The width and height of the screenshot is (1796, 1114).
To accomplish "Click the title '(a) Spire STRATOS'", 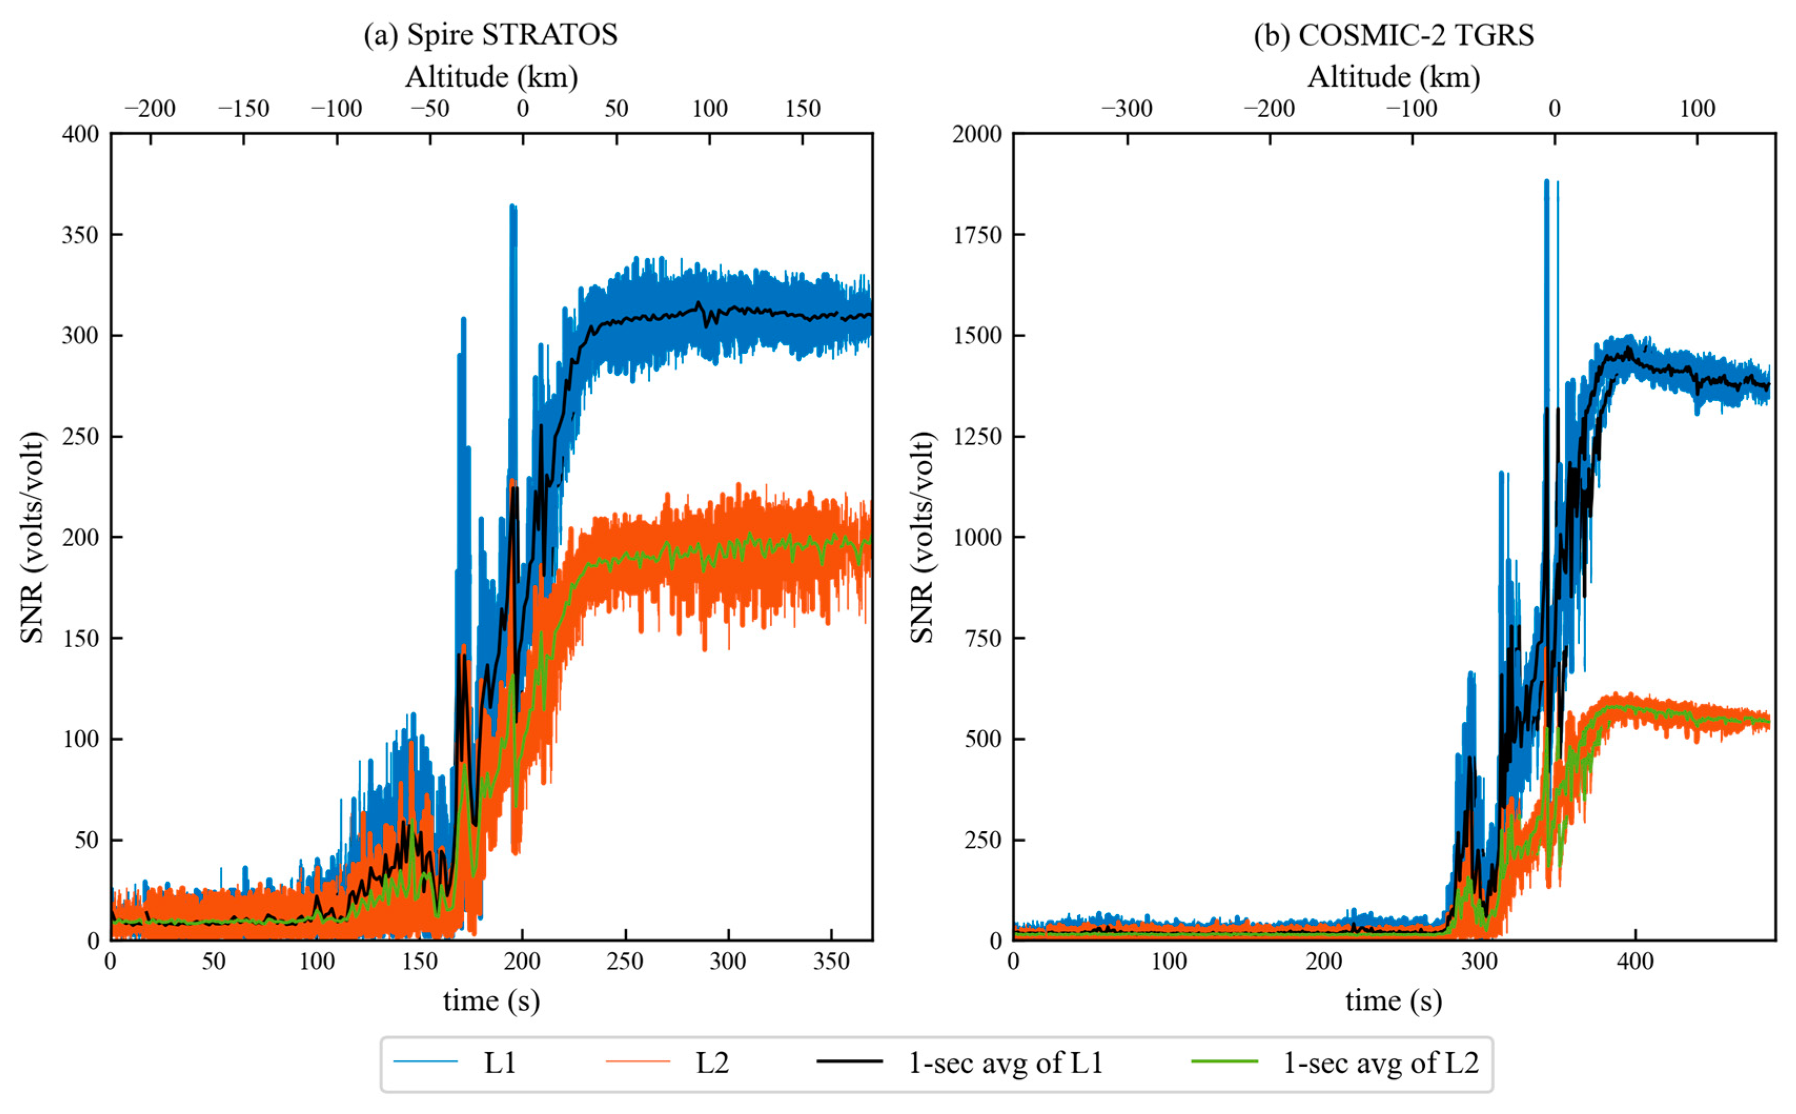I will click(490, 35).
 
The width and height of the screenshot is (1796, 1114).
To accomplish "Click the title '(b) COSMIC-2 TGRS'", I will click(1393, 35).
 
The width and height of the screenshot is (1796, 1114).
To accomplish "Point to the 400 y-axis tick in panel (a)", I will click(80, 134).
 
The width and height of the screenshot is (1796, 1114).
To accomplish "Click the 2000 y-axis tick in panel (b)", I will click(977, 134).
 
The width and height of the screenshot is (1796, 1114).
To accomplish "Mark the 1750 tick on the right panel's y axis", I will click(977, 235).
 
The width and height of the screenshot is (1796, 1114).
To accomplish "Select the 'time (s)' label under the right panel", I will click(1393, 1000).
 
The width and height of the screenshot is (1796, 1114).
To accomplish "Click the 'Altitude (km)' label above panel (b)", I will click(1393, 77).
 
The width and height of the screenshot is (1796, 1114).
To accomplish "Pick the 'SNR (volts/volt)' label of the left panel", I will click(33, 537).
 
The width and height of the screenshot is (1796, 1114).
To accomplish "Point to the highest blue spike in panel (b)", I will click(1546, 181).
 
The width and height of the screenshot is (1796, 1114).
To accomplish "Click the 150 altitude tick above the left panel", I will click(802, 109).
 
